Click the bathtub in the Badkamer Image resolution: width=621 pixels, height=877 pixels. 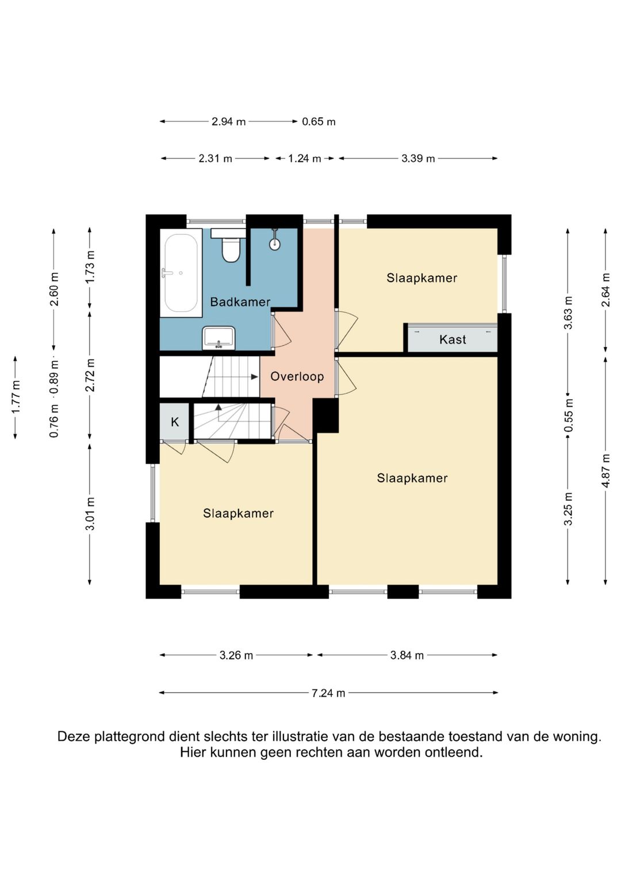tap(181, 272)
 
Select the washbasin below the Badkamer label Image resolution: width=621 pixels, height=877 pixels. tap(218, 338)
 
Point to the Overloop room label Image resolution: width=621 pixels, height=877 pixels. tap(297, 377)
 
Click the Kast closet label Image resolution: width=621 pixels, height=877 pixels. tap(453, 339)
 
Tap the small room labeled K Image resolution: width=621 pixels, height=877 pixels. tap(175, 422)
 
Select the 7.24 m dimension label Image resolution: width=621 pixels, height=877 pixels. tap(328, 693)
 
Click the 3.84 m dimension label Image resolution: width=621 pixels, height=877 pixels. tap(407, 655)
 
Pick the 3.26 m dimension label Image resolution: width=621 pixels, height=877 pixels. tap(236, 655)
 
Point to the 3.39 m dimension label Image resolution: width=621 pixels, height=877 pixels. tap(418, 159)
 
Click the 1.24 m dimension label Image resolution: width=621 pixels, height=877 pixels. tap(305, 159)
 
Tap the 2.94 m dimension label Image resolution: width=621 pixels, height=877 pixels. tap(229, 122)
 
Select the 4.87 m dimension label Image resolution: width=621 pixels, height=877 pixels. tap(606, 470)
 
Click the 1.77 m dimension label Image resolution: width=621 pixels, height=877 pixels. tap(16, 397)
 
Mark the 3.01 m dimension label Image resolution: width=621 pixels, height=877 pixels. tap(90, 513)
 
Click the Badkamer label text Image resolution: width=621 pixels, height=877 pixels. tap(240, 302)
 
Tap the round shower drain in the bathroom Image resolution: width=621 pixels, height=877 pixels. tap(275, 244)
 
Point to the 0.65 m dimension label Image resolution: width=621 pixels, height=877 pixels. tap(319, 122)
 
